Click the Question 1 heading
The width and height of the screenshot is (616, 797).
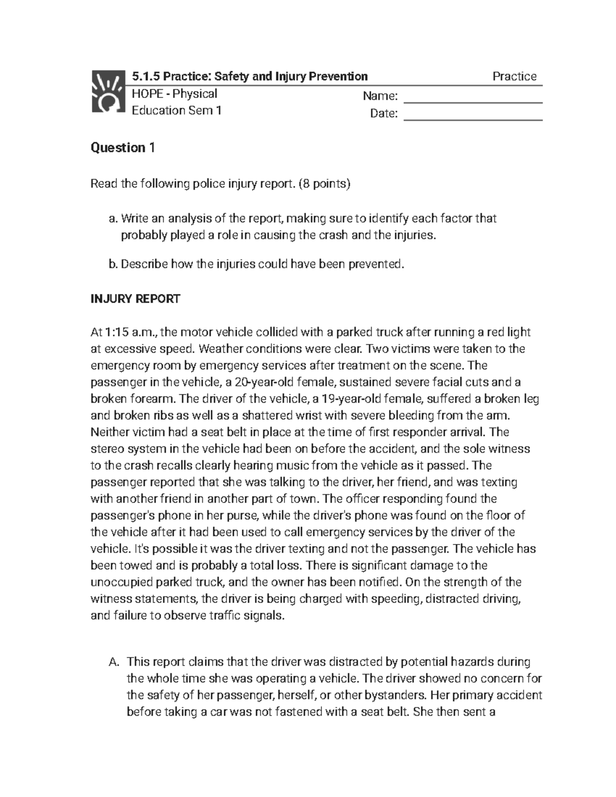coord(122,148)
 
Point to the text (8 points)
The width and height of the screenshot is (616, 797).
coord(325,184)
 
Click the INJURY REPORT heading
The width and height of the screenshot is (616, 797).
coord(135,299)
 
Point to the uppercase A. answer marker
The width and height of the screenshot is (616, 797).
coord(114,662)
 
